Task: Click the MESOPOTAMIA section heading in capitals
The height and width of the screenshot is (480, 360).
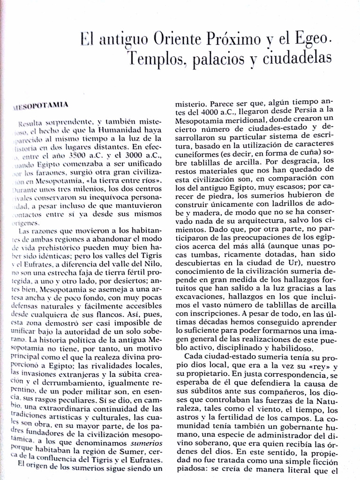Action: point(45,105)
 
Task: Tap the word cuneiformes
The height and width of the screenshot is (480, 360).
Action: point(195,155)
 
